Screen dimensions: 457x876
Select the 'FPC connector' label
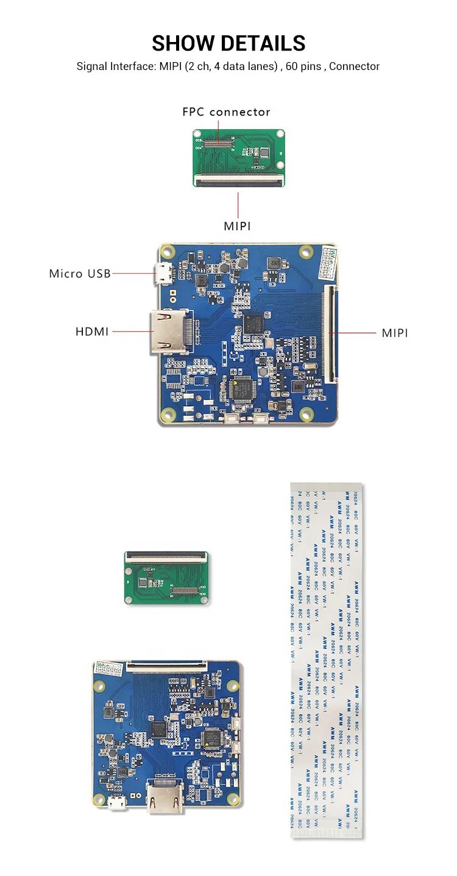tap(226, 112)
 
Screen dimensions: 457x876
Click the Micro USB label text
tap(80, 273)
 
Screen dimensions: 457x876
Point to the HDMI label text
tap(92, 332)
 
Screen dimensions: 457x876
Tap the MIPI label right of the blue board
tap(395, 333)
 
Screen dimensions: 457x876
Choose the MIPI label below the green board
tap(238, 226)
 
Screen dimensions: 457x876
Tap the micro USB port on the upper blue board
tap(162, 275)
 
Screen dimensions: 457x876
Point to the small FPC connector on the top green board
tap(216, 144)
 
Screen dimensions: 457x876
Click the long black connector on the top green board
tap(239, 181)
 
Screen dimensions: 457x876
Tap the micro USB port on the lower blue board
tap(115, 806)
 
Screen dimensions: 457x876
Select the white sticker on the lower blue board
tap(109, 668)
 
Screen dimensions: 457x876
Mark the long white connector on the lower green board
tap(165, 555)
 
